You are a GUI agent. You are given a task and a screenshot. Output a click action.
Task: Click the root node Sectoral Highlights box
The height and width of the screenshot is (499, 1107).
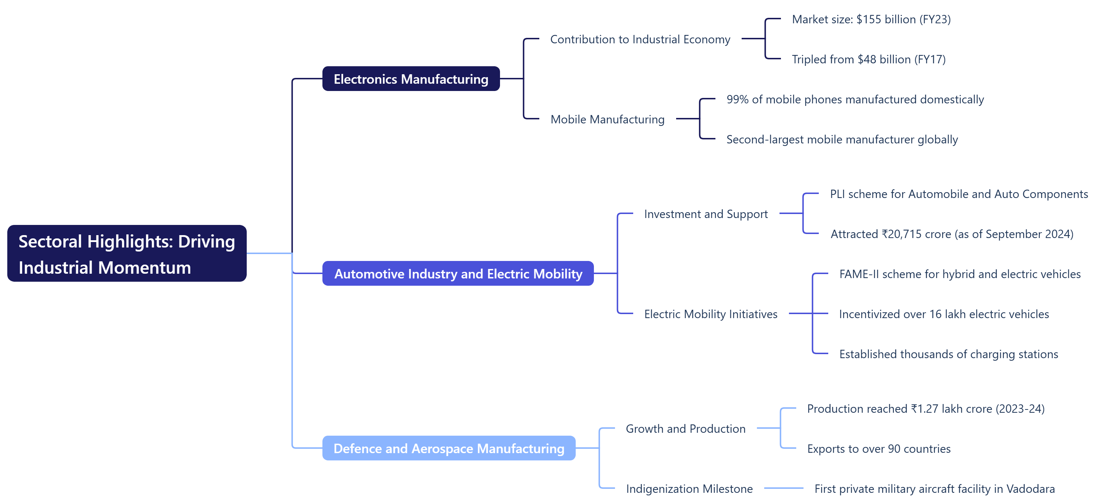(127, 254)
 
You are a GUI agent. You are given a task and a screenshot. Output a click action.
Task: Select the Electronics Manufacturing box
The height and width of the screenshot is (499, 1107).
(411, 79)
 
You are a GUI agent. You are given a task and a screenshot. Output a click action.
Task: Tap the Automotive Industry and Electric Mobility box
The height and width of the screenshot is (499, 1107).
(458, 274)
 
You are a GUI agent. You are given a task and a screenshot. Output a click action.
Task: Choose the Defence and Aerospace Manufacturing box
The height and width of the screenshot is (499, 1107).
(449, 448)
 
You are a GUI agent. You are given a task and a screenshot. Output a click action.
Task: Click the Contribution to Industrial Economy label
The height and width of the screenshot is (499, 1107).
(640, 40)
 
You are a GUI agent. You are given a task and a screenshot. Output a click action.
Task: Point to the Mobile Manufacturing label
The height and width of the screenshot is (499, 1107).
(607, 119)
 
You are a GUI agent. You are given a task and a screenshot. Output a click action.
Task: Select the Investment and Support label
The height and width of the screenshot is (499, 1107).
(706, 214)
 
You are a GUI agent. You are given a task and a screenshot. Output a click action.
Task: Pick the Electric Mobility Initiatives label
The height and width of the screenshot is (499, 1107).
(710, 314)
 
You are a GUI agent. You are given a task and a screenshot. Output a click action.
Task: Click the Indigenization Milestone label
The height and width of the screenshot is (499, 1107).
(689, 489)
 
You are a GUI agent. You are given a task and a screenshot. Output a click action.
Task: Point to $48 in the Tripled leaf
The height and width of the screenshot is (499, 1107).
(867, 59)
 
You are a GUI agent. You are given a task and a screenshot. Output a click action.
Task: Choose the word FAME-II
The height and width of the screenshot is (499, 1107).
(858, 274)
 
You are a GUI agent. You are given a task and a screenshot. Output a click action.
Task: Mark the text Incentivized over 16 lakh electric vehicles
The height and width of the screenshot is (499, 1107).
(944, 314)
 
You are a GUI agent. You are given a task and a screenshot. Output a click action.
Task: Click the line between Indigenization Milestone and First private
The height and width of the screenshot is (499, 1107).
(783, 488)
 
